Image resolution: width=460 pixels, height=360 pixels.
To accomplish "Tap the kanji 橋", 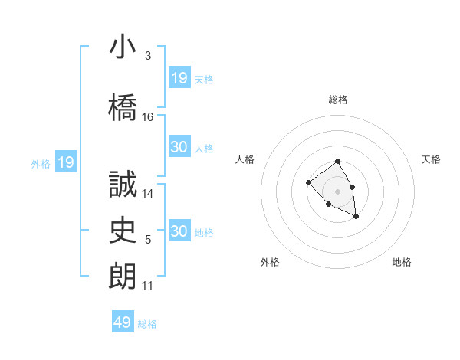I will coord(123,106).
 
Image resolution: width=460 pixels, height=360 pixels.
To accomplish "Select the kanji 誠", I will coord(123,184).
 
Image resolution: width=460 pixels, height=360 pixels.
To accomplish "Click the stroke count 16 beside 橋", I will coord(148,117).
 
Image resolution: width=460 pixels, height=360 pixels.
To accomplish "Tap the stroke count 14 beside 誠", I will coord(148,194).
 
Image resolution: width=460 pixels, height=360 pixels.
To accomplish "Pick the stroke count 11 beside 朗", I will coord(148,286).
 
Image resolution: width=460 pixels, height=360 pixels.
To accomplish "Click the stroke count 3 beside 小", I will coord(148,56).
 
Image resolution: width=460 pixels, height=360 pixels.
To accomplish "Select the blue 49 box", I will coord(123,322).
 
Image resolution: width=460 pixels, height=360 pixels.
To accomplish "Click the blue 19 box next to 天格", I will coord(179,77).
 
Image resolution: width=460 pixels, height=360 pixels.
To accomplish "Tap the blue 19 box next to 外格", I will coord(66,162).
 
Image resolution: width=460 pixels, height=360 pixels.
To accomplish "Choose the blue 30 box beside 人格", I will coord(179,147).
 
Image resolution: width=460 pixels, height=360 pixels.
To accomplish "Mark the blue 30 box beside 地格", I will coord(179,231).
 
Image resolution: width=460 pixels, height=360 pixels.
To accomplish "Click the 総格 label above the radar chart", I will coord(338,100).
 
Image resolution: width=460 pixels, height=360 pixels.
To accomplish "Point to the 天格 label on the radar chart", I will coord(431,159).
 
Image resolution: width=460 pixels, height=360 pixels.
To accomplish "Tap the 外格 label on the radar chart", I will coord(270,262).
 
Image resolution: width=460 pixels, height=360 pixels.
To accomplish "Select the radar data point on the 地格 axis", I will coord(356,217).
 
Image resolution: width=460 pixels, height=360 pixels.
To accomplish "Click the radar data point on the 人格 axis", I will coord(308,182).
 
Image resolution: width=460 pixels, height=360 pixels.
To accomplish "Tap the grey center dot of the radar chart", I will coord(337,191).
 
